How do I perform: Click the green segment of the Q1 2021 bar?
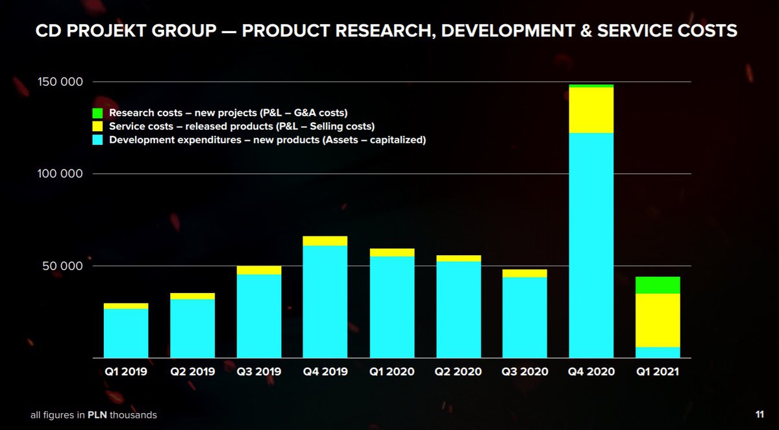(658, 285)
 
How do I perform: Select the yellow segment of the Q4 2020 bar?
(591, 110)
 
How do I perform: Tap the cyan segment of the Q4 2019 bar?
(325, 302)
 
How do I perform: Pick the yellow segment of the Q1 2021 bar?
(658, 320)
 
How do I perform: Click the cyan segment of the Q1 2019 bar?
(126, 333)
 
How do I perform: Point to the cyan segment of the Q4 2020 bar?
(591, 246)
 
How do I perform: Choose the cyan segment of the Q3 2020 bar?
(525, 318)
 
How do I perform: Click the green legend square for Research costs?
(97, 113)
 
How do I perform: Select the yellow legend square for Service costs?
(97, 126)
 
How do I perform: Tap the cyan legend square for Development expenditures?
(97, 140)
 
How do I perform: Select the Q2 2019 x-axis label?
(192, 372)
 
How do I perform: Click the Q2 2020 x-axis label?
(458, 372)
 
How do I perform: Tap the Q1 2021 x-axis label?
(658, 372)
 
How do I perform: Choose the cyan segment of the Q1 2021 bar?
(658, 353)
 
